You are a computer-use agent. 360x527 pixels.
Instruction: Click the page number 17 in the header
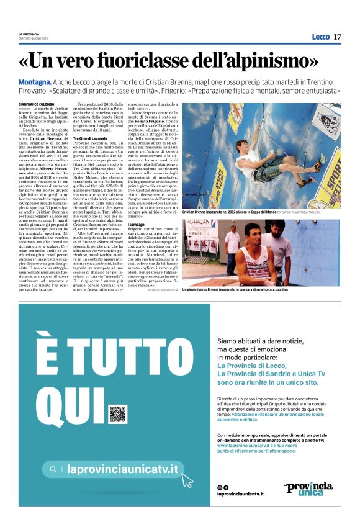coord(337,37)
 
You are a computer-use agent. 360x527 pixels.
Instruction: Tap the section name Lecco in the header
coord(320,37)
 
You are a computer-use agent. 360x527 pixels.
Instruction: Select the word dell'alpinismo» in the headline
coord(260,61)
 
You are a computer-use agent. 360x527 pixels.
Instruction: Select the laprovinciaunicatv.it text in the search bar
coord(122,469)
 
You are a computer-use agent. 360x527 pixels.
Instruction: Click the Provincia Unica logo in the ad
coord(308,489)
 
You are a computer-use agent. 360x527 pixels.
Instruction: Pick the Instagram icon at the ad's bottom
coord(220,487)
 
